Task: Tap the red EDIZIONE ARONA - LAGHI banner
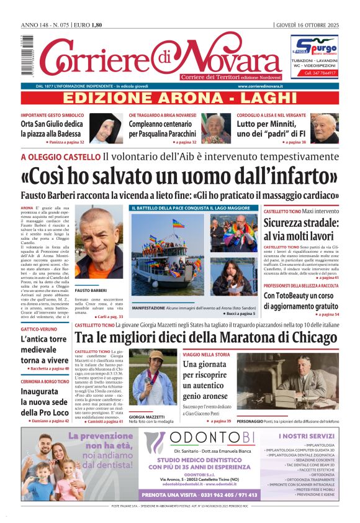pyautogui.click(x=181, y=98)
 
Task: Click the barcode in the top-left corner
pyautogui.click(x=27, y=50)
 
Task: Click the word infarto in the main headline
pyautogui.click(x=300, y=176)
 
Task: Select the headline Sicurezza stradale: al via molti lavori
pyautogui.click(x=301, y=229)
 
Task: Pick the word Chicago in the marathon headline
pyautogui.click(x=302, y=338)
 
